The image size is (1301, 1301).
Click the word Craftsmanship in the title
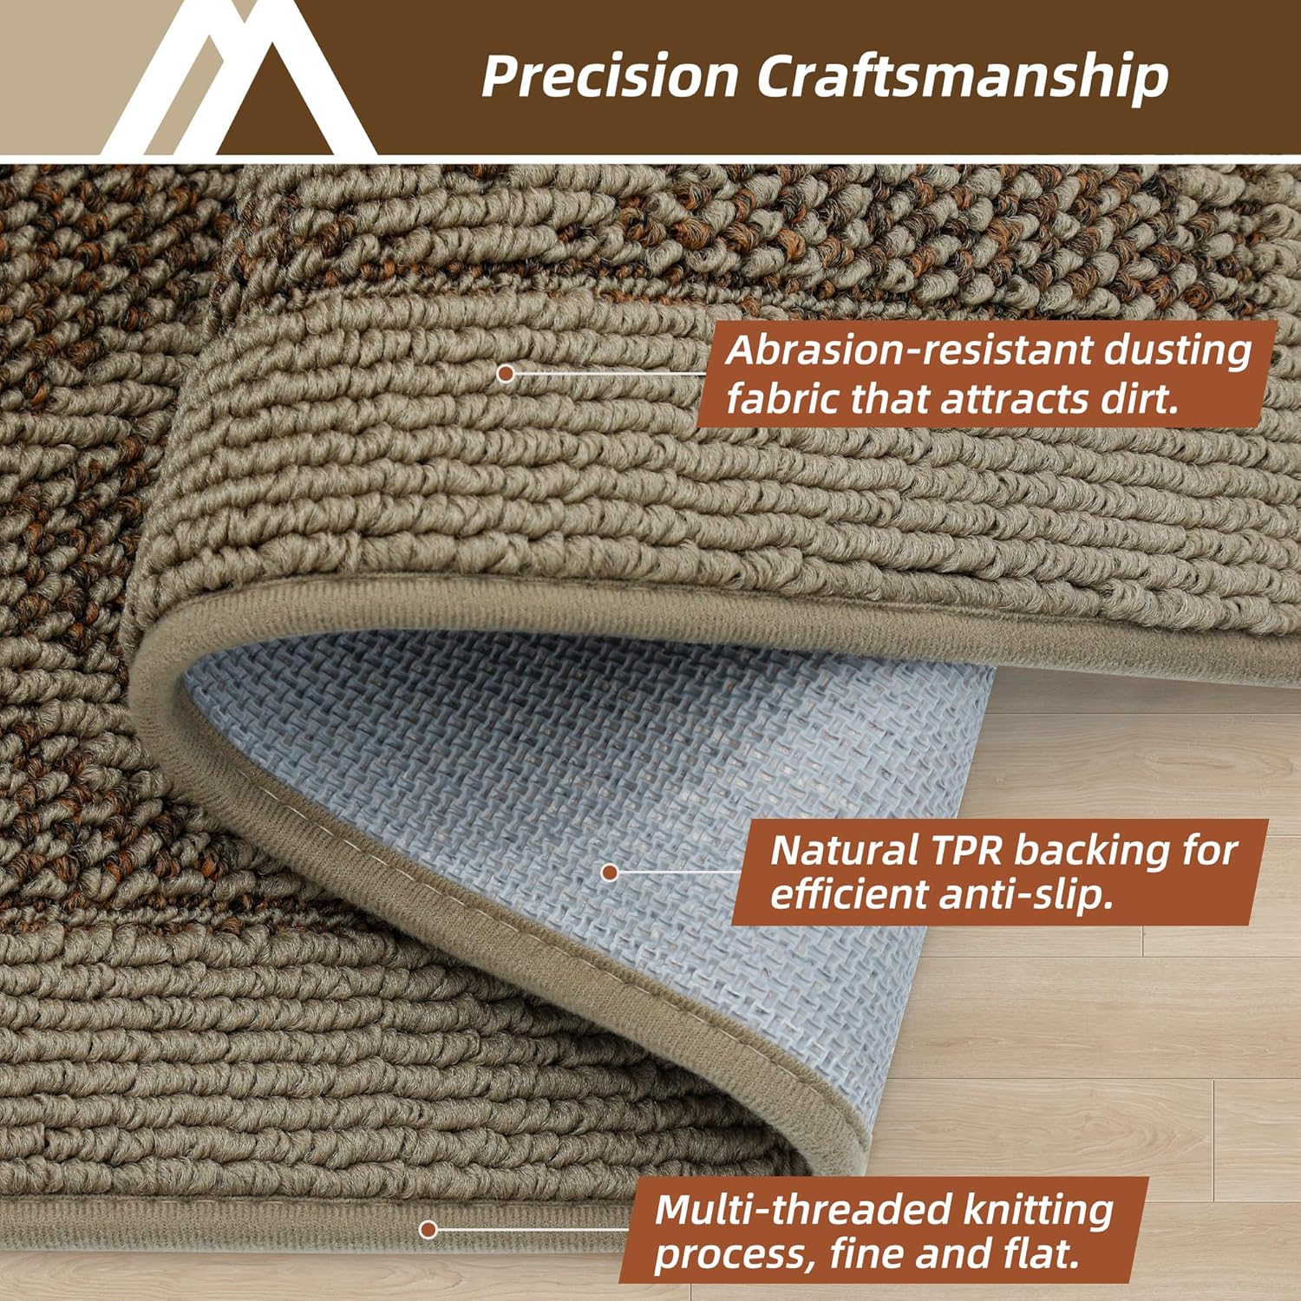[x=963, y=76]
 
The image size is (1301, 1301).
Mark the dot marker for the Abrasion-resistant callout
[x=506, y=374]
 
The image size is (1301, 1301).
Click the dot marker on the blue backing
[x=610, y=872]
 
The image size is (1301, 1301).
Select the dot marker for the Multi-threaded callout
[x=428, y=1229]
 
